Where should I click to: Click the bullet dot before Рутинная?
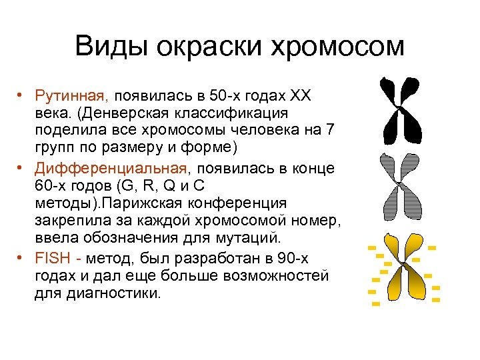click(x=22, y=94)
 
